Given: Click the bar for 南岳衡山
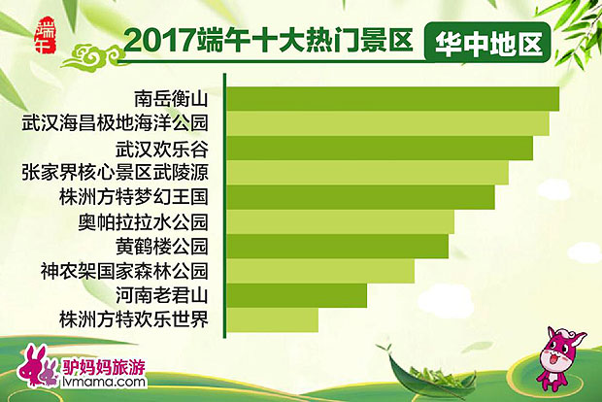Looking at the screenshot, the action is click(x=393, y=99).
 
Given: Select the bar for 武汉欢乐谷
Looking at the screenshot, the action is click(x=380, y=149).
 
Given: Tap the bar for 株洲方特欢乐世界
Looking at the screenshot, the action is click(x=272, y=319).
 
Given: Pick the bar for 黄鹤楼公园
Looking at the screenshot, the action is click(x=338, y=247).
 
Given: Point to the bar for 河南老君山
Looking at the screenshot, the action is click(x=296, y=295).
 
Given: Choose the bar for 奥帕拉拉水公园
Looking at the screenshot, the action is click(x=340, y=222).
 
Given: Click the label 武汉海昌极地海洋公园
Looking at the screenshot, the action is click(x=116, y=123).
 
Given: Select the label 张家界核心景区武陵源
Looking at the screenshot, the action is click(x=116, y=172).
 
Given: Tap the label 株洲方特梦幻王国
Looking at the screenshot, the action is click(x=134, y=196).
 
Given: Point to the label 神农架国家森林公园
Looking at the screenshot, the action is click(x=124, y=271).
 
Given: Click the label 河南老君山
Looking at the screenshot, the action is click(x=161, y=295).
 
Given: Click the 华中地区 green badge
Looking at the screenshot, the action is click(x=487, y=43).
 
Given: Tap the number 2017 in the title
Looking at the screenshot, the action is click(x=159, y=41).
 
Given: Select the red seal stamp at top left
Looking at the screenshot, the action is click(x=46, y=35).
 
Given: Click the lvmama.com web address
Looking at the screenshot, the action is click(x=104, y=382).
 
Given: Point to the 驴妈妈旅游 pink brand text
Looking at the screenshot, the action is click(x=104, y=367).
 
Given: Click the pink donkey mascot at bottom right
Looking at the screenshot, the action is click(x=559, y=357).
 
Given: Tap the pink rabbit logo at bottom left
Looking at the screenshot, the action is click(x=38, y=366).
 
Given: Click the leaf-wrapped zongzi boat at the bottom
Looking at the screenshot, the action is click(x=430, y=375).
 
